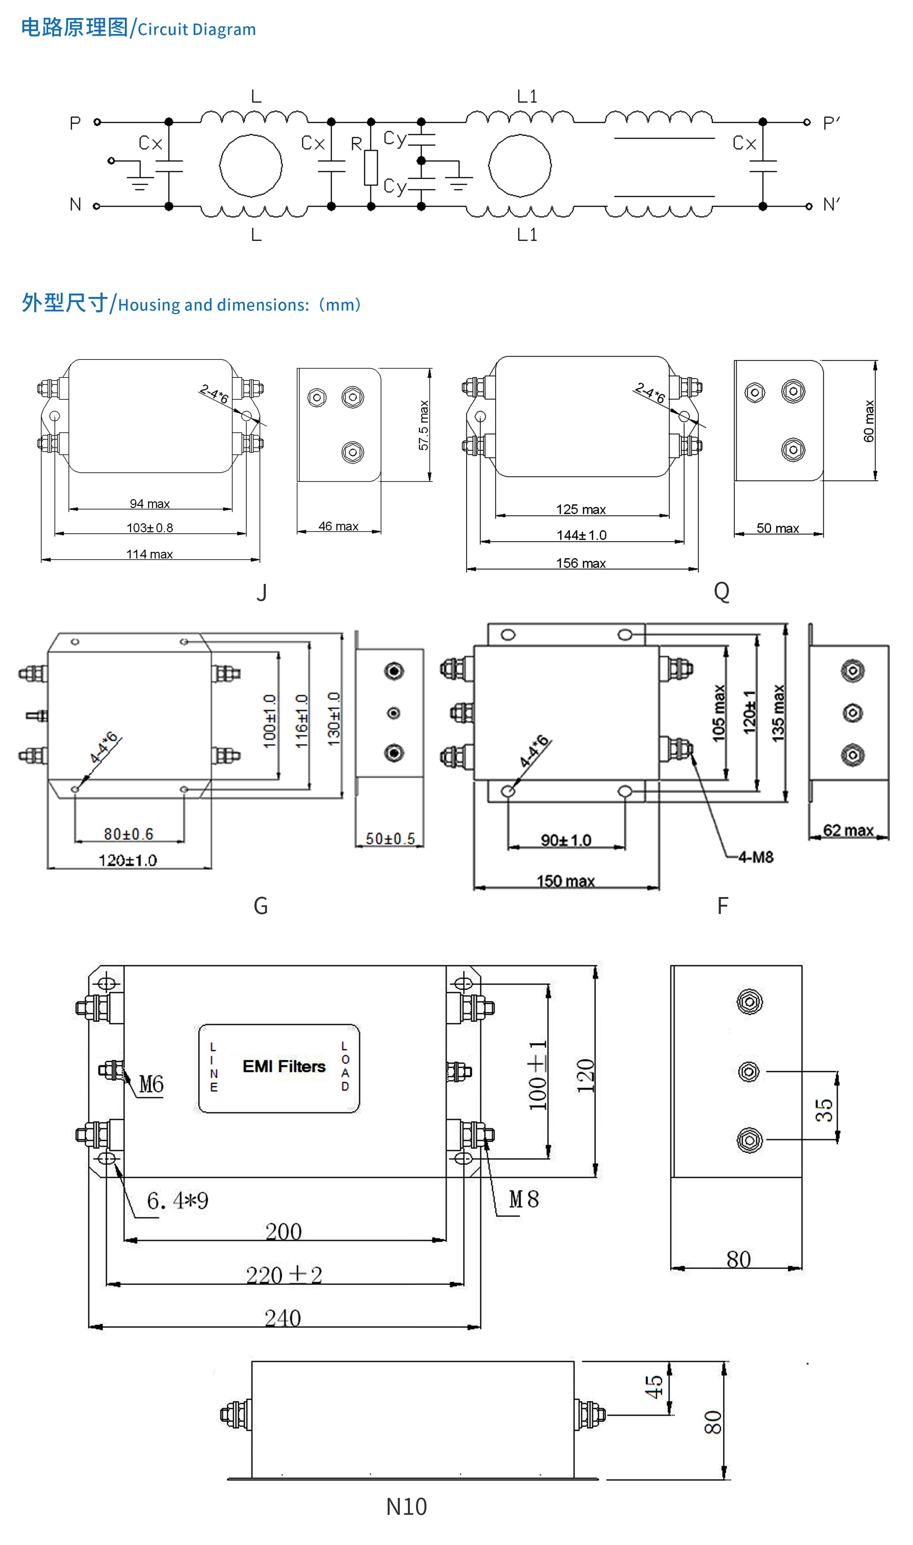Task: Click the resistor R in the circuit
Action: (x=370, y=167)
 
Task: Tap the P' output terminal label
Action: (x=831, y=123)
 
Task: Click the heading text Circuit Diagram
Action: (x=196, y=29)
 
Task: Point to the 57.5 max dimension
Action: (x=423, y=425)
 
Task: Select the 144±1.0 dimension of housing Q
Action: (x=581, y=535)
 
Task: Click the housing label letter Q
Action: (x=721, y=591)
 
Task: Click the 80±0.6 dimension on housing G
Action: (x=128, y=834)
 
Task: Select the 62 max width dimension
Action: (x=849, y=830)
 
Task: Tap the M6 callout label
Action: (x=151, y=1084)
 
